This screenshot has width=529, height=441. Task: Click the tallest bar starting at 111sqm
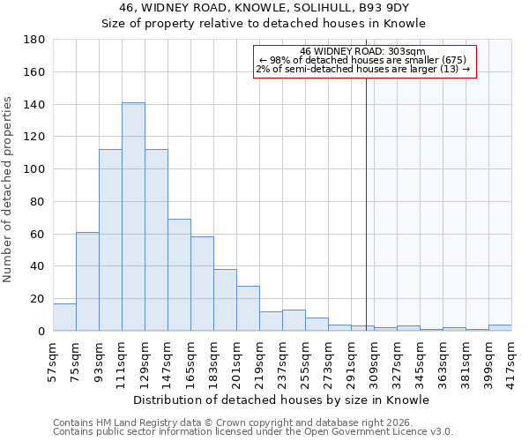[x=133, y=217]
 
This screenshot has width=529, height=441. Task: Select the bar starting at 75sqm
[x=87, y=281]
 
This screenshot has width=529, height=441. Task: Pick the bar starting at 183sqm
[x=225, y=300]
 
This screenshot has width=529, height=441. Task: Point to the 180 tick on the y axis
[x=34, y=40]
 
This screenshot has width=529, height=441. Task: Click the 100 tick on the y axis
[x=34, y=169]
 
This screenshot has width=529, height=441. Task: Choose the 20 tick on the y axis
[x=38, y=299]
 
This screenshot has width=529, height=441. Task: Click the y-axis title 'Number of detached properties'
[x=9, y=190]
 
